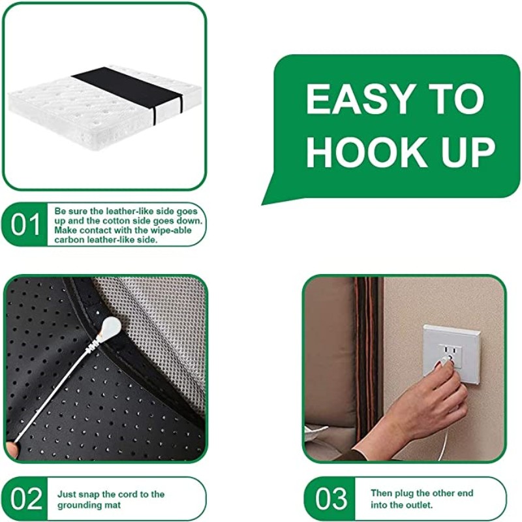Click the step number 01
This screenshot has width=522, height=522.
(x=26, y=224)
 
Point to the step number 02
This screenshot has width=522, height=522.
(x=26, y=499)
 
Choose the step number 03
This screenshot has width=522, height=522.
(x=331, y=499)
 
